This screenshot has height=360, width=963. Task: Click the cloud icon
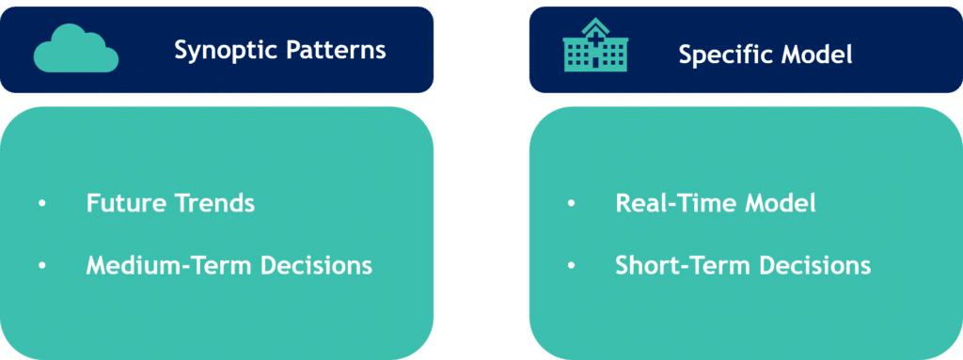click(x=75, y=49)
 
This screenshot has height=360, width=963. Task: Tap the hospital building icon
click(x=595, y=45)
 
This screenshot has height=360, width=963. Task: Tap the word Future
click(x=127, y=203)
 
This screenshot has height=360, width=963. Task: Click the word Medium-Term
click(x=169, y=265)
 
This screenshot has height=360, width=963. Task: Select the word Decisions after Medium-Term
click(x=316, y=265)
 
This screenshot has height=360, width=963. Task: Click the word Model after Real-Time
click(x=780, y=203)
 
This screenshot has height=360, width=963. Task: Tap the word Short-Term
click(x=683, y=265)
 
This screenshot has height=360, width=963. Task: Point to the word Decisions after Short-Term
click(x=815, y=265)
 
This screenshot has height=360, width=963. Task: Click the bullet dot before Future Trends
click(x=41, y=204)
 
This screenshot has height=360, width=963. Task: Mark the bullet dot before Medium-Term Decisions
click(x=41, y=266)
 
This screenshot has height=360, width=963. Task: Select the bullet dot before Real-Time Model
click(x=571, y=204)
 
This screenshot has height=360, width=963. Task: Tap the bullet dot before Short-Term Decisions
click(x=571, y=266)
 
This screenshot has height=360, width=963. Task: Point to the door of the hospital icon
click(x=595, y=63)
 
